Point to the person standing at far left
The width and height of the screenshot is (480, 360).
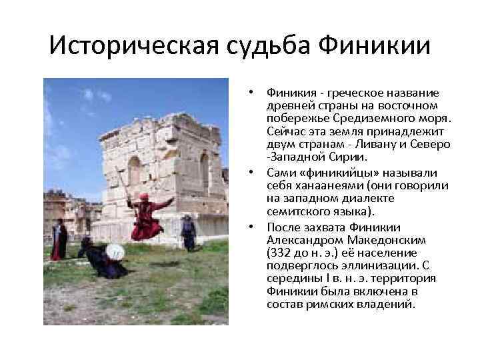(59, 240)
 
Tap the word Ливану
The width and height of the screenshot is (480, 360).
(385, 145)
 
